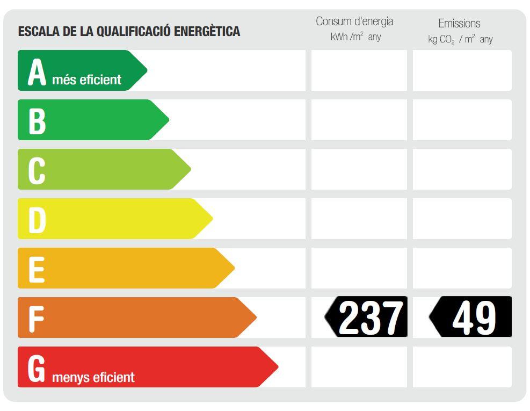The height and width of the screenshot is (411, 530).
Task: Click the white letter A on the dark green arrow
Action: tap(37, 72)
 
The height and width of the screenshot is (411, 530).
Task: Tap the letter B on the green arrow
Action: tap(37, 121)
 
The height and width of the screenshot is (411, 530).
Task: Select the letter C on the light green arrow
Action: tap(37, 171)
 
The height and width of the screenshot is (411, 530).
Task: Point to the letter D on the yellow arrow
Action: tap(37, 220)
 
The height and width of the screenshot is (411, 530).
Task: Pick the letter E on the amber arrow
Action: tap(36, 270)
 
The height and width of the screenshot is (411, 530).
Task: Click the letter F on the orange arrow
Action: tap(35, 319)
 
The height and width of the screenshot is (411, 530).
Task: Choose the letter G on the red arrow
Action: tap(37, 369)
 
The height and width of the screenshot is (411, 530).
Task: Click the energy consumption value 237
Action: tap(371, 318)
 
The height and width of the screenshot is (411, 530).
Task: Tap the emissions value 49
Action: tap(474, 318)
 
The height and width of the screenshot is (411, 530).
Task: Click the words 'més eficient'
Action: tap(86, 80)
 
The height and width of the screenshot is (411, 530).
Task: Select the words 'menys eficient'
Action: tap(93, 377)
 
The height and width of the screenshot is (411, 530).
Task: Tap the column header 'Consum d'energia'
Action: tap(354, 21)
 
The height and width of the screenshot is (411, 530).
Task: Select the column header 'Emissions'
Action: tap(459, 23)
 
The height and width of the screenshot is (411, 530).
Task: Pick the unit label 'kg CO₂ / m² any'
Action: tap(460, 39)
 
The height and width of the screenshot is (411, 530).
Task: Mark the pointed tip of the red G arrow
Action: tap(277, 367)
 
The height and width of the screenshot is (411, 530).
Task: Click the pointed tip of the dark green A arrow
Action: tap(146, 70)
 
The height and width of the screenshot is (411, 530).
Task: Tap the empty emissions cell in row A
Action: tap(462, 70)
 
